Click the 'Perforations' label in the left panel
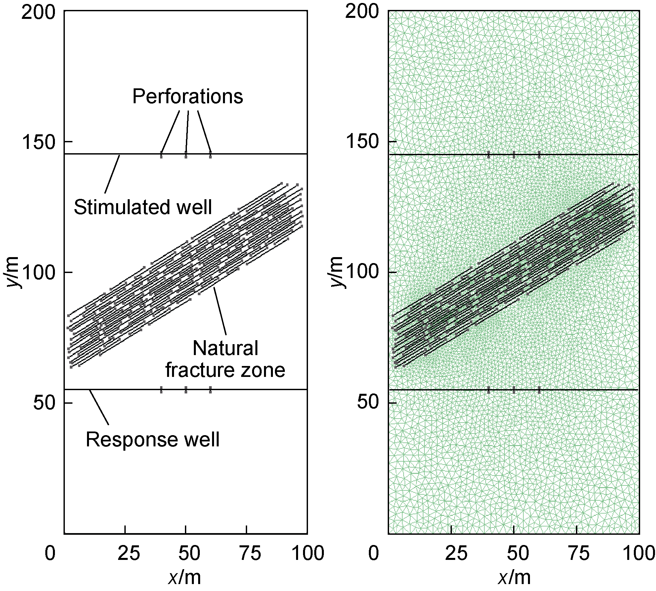click(188, 97)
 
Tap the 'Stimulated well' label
click(143, 207)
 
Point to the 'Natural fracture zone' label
click(225, 359)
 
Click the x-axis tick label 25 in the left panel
click(129, 554)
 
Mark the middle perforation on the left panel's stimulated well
click(186, 155)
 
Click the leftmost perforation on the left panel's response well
click(161, 389)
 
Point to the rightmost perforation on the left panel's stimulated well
click(210, 155)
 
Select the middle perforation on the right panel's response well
click(514, 390)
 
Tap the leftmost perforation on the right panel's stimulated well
click(489, 155)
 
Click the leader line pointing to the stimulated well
click(112, 174)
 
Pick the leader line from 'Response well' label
click(99, 407)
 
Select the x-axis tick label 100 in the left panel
click(306, 554)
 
